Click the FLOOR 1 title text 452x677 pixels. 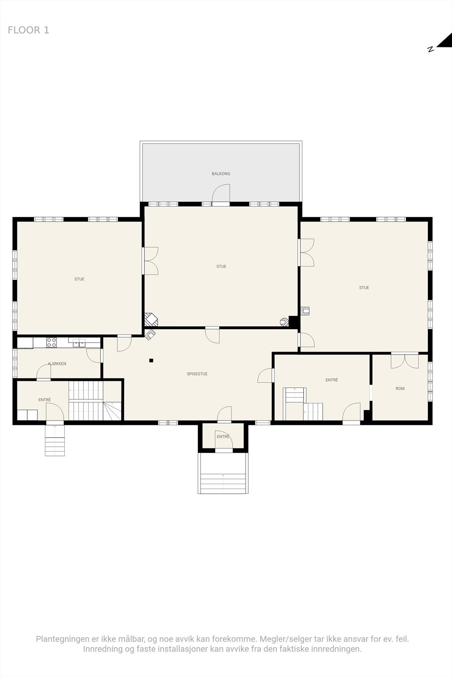[28, 30]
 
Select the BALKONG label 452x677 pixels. [221, 173]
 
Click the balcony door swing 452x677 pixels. [221, 194]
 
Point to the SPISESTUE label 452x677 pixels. [197, 374]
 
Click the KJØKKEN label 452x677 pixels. [57, 364]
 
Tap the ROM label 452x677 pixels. [400, 388]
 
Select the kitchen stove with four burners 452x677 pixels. [52, 342]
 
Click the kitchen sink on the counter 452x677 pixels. [79, 342]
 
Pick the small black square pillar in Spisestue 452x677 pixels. [151, 361]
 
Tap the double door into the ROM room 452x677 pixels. [405, 360]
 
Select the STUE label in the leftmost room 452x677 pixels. [79, 279]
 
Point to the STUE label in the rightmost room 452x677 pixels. [364, 288]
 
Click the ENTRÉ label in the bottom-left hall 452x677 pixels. [44, 400]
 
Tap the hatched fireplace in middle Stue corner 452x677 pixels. [151, 319]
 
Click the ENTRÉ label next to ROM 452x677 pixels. [332, 380]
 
